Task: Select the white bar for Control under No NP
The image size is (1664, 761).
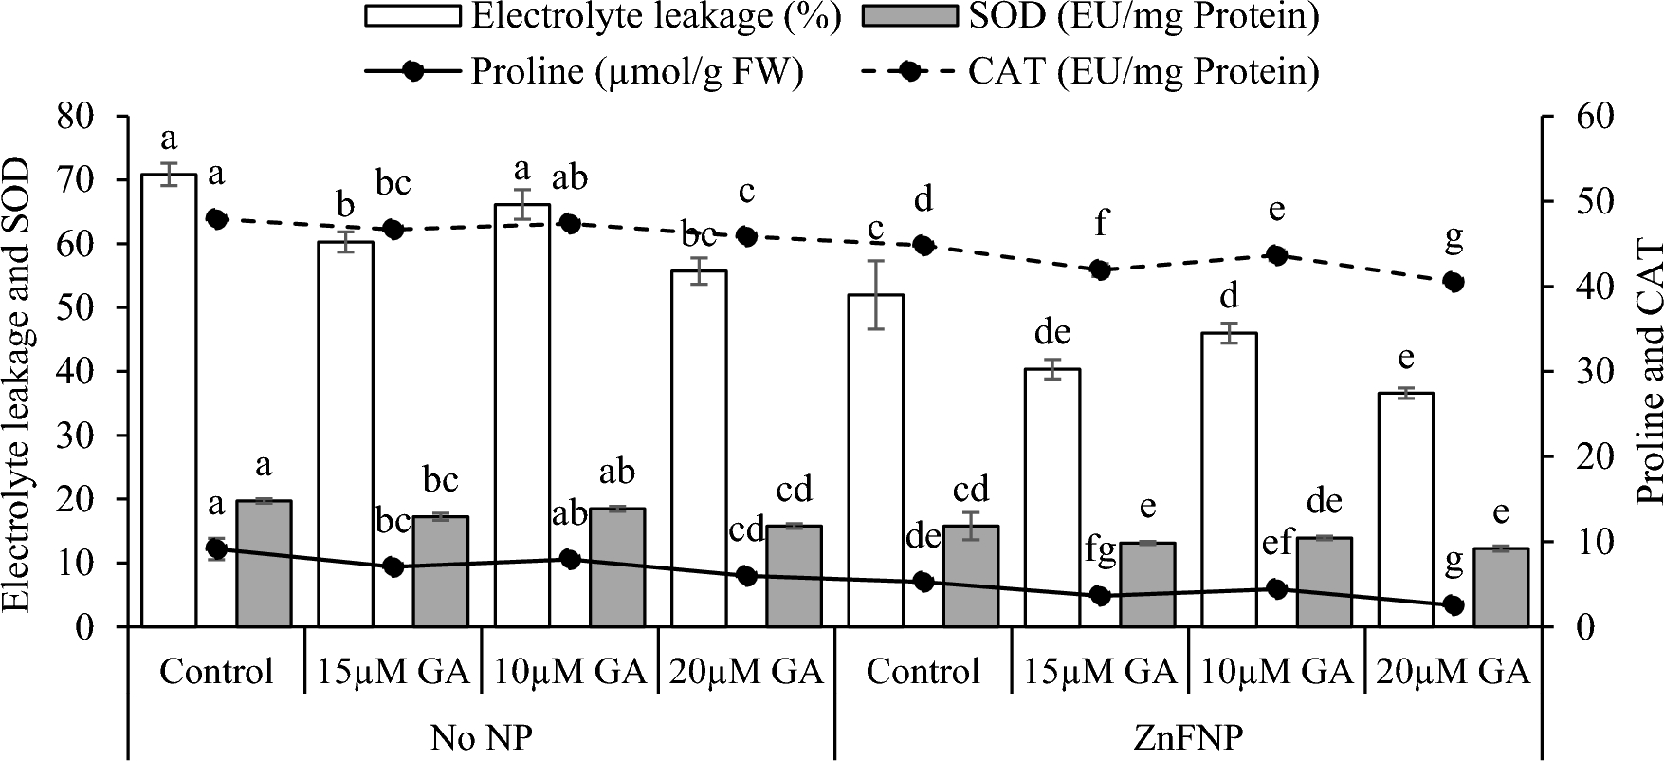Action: (169, 399)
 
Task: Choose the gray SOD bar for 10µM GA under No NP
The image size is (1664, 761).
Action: (617, 566)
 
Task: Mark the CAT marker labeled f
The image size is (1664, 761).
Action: (1100, 270)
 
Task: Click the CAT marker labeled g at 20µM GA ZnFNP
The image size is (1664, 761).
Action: (1454, 282)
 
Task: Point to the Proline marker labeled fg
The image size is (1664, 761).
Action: (1100, 596)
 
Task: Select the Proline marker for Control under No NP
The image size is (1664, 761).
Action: (216, 548)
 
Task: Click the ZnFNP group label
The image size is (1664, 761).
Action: (1188, 737)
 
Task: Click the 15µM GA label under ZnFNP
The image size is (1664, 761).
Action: (1100, 673)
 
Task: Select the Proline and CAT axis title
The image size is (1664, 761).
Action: (1648, 372)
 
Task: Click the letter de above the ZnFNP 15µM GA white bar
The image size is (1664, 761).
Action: (1052, 333)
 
